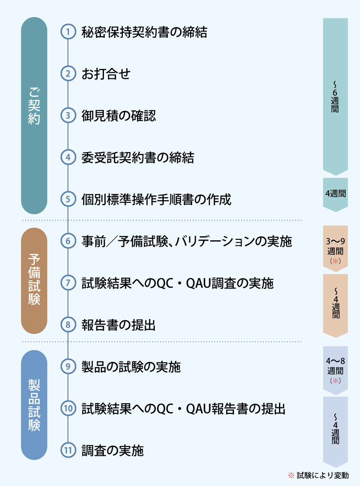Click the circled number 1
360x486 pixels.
[68, 31]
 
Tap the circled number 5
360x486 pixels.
[68, 199]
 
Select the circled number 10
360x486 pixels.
[68, 408]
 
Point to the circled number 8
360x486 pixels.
[68, 324]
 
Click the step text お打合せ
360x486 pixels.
[106, 74]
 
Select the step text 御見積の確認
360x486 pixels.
[118, 116]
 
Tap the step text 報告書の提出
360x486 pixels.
[118, 325]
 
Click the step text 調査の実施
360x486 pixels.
[112, 450]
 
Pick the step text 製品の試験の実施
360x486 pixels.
[131, 367]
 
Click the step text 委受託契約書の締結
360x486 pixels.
[138, 157]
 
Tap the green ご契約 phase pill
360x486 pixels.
[34, 115]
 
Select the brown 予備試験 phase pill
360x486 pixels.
[34, 281]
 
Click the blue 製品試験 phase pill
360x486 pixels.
[34, 405]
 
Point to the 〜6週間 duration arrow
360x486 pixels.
[335, 96]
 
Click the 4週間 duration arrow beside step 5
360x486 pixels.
[335, 195]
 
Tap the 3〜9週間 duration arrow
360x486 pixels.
[335, 248]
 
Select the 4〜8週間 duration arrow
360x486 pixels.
[335, 370]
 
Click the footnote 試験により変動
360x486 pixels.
[323, 475]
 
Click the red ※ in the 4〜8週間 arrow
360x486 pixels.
[335, 380]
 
